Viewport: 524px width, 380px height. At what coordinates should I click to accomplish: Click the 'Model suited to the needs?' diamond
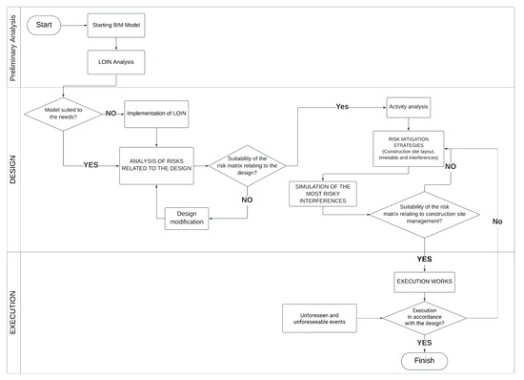pyautogui.click(x=62, y=116)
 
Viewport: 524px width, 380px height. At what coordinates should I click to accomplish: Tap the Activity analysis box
pyautogui.click(x=413, y=107)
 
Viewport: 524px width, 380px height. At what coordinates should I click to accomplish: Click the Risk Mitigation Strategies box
pyautogui.click(x=413, y=147)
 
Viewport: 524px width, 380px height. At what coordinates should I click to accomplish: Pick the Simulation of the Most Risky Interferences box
pyautogui.click(x=323, y=193)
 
